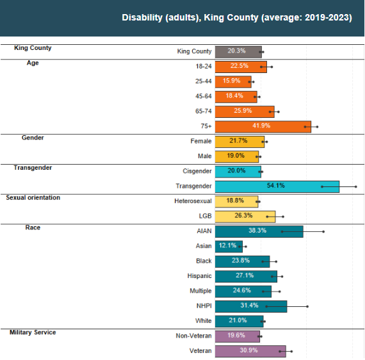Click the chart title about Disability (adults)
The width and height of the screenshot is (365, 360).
point(236,18)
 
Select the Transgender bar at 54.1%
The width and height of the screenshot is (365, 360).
point(277,186)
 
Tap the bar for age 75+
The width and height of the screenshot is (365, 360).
point(263,126)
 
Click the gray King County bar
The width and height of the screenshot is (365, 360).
point(238,51)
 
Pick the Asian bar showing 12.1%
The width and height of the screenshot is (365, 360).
point(229,245)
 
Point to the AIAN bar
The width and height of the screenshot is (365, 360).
point(259,231)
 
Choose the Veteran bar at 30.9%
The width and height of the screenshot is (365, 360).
point(250,350)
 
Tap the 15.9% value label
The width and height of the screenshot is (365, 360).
point(232,81)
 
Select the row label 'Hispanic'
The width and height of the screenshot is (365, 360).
point(199,276)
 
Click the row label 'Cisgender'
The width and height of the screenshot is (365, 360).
point(197,171)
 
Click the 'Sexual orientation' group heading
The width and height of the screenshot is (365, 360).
point(33,198)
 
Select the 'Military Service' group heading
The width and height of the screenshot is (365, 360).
point(33,332)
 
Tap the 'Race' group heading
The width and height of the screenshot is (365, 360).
point(33,227)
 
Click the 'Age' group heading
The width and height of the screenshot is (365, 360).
point(33,63)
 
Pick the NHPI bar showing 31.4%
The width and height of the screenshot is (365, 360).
point(250,306)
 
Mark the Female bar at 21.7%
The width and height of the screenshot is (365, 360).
point(239,141)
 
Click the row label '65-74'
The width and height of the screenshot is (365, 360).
point(204,111)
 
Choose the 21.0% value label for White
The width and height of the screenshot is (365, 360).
point(238,320)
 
